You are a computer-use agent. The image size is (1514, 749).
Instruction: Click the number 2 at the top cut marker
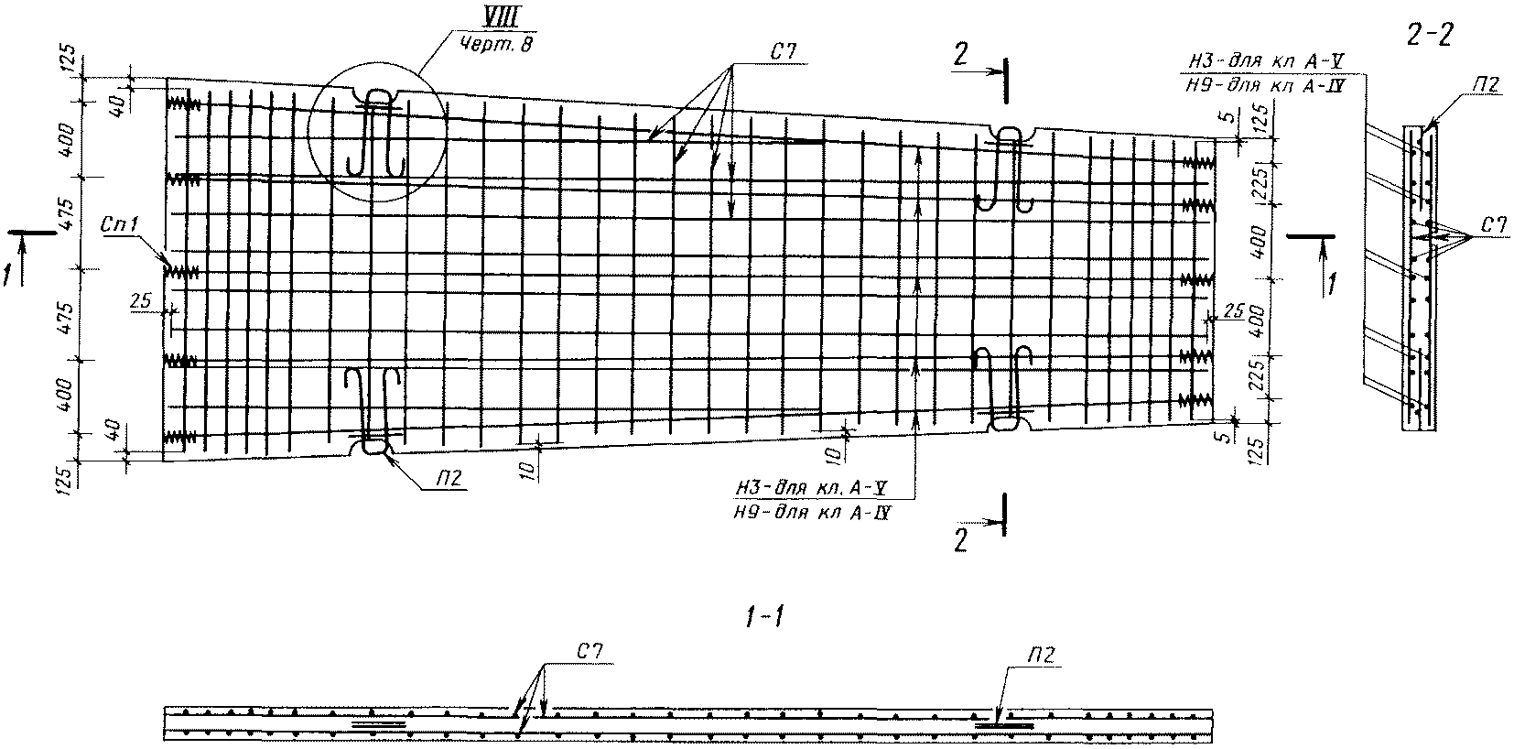point(959,54)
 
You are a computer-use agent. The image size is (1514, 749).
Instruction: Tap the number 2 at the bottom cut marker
point(959,541)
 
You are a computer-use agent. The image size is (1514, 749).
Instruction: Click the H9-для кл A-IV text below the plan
point(813,514)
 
